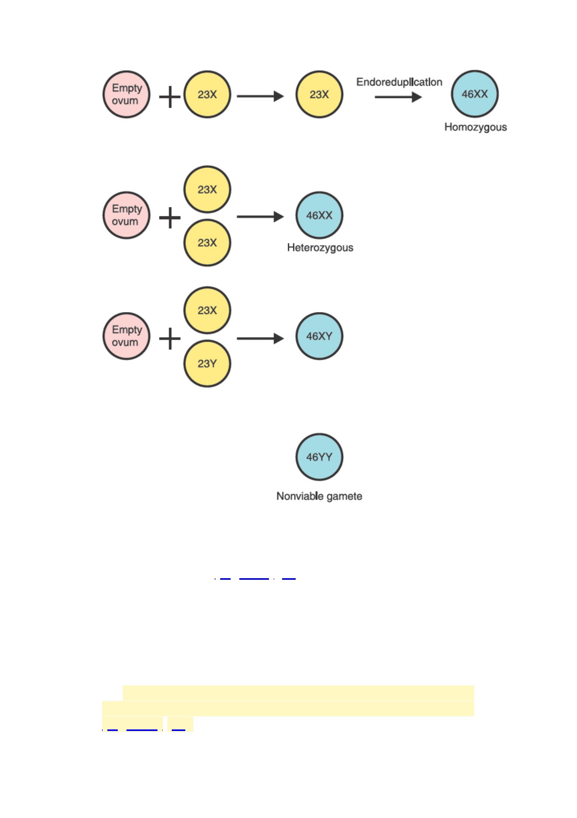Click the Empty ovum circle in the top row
pyautogui.click(x=126, y=95)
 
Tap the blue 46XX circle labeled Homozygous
pyautogui.click(x=475, y=94)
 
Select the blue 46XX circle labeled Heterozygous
pyautogui.click(x=319, y=215)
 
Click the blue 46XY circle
pyautogui.click(x=319, y=336)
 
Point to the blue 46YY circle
pyautogui.click(x=319, y=457)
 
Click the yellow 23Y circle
pyautogui.click(x=207, y=364)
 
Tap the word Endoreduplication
pyautogui.click(x=399, y=82)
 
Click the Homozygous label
pyautogui.click(x=476, y=127)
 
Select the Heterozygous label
pyautogui.click(x=320, y=248)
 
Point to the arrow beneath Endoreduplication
pyautogui.click(x=398, y=97)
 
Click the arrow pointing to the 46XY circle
pyautogui.click(x=260, y=339)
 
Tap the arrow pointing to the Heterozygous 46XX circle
pyautogui.click(x=260, y=217)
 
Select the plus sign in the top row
pyautogui.click(x=170, y=97)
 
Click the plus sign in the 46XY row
pyautogui.click(x=170, y=339)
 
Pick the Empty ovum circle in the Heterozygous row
pyautogui.click(x=126, y=215)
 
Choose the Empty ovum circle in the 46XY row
pyautogui.click(x=126, y=336)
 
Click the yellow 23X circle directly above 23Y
pyautogui.click(x=207, y=310)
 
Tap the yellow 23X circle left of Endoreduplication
pyautogui.click(x=319, y=95)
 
